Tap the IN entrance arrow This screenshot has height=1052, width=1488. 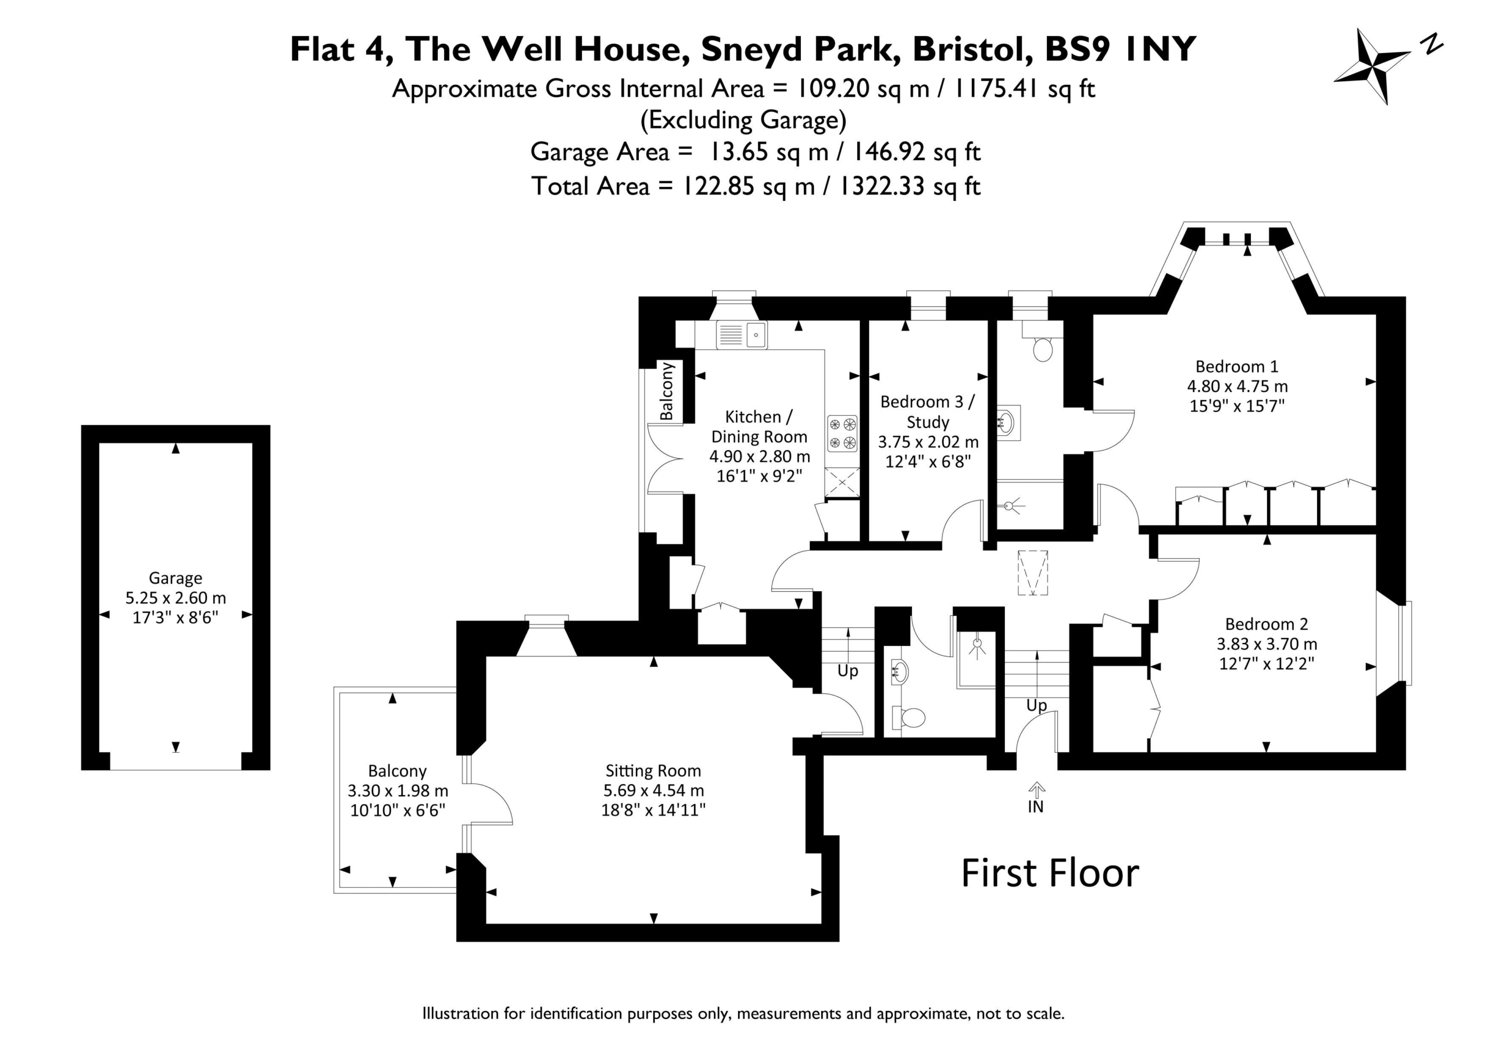[x=1036, y=789]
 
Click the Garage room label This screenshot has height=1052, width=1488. [x=175, y=578]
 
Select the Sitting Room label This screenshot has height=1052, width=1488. [x=653, y=770]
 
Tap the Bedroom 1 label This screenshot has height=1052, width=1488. [x=1236, y=366]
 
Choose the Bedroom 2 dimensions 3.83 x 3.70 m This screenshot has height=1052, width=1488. [x=1267, y=643]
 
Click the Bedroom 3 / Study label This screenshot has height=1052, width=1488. [x=928, y=411]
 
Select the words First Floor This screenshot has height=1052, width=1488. [x=1050, y=873]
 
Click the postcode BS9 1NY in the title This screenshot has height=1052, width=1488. [x=1121, y=49]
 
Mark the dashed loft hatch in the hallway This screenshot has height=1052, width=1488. [x=1033, y=573]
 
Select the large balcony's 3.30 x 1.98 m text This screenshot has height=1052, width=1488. [x=398, y=790]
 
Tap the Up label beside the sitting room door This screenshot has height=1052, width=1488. [x=847, y=671]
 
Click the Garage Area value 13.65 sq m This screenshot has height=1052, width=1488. [x=768, y=152]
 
